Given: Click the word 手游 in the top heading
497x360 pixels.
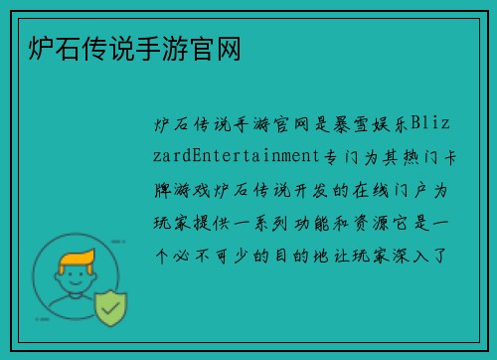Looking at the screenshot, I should (150, 48).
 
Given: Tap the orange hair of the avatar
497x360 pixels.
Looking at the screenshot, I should (79, 261).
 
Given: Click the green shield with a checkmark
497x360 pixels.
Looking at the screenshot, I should (110, 309).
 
